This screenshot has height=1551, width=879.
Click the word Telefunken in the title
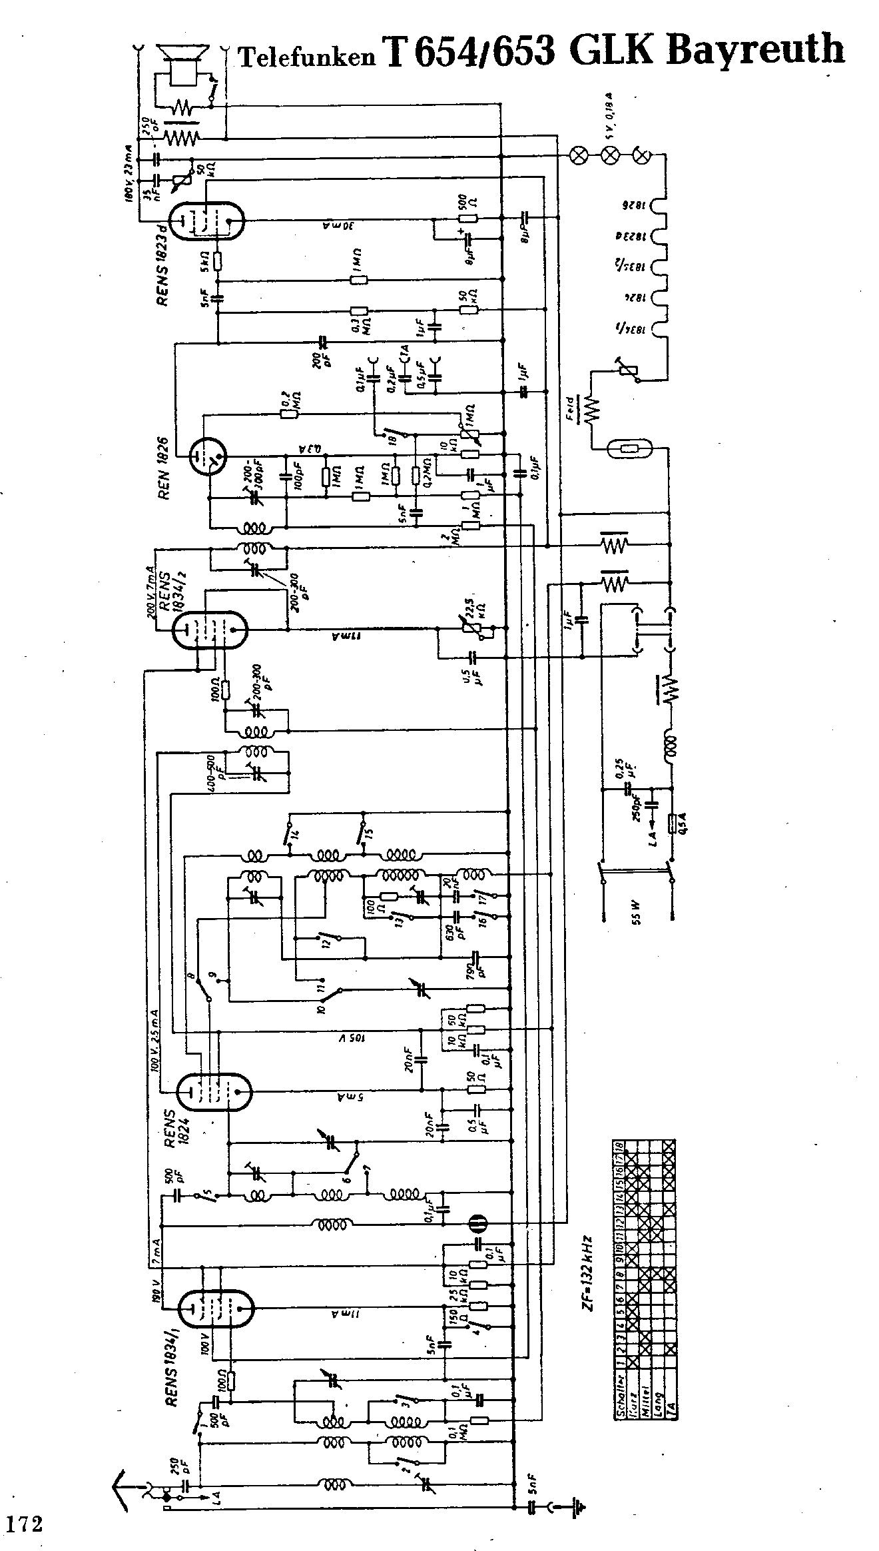click(307, 58)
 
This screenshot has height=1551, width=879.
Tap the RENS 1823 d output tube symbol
click(206, 220)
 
